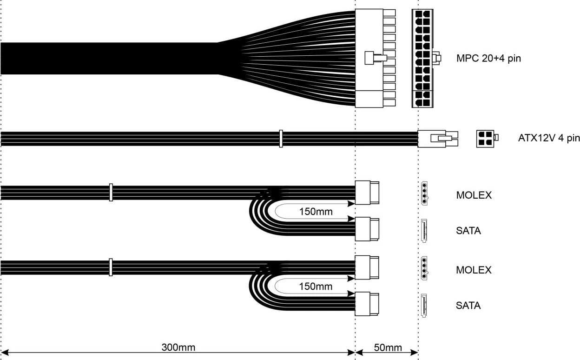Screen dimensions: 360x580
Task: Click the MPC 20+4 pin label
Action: pos(488,59)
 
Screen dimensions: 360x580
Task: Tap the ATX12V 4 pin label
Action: pos(549,138)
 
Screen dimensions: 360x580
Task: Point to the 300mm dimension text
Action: pos(178,347)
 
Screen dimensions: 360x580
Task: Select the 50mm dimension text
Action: pos(388,347)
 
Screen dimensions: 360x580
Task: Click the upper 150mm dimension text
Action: pos(316,212)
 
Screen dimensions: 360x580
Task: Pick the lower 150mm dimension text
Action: pos(316,287)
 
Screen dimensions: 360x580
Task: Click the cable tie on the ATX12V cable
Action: pos(281,139)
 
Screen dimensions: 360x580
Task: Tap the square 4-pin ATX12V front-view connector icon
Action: pos(485,138)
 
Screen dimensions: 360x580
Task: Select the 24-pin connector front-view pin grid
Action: pos(422,59)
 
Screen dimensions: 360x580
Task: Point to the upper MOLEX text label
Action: pos(474,195)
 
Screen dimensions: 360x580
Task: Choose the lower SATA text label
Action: pos(468,306)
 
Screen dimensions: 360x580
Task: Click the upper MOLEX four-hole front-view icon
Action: pos(424,193)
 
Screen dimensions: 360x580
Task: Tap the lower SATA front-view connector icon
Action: pos(423,305)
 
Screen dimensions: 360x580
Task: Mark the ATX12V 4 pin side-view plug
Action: pos(437,138)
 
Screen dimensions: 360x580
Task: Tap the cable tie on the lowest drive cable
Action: pos(111,267)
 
